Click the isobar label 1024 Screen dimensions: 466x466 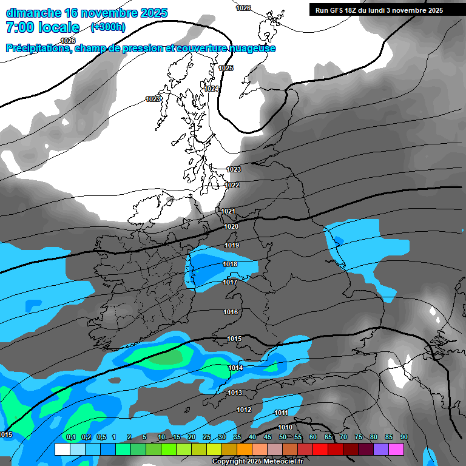(211, 89)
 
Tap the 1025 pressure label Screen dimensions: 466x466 (226, 69)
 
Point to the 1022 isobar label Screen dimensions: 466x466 (232, 185)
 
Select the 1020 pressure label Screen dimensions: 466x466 (231, 226)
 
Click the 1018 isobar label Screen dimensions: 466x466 (230, 264)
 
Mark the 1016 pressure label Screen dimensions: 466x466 (231, 312)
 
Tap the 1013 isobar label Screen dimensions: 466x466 (235, 393)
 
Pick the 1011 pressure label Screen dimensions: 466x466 (281, 413)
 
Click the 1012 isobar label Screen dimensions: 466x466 (244, 410)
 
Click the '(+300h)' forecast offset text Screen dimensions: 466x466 (108, 27)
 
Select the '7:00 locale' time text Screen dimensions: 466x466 (42, 27)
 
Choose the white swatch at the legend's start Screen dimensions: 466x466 (62, 450)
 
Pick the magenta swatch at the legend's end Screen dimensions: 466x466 (396, 450)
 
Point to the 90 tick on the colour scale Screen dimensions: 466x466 (404, 437)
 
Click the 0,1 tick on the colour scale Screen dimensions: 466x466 (71, 437)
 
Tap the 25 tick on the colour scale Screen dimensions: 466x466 (206, 437)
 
